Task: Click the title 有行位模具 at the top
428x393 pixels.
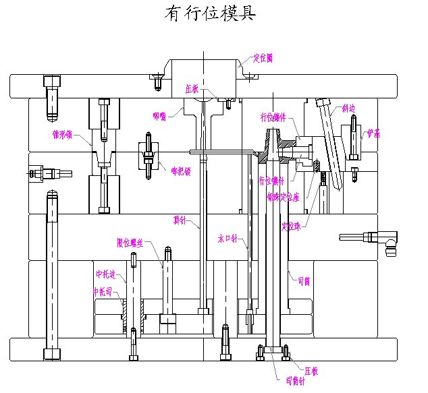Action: tap(209, 15)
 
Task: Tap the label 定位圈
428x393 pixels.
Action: tap(263, 58)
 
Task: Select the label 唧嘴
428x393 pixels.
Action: tap(159, 116)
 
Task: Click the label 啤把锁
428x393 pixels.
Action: tap(180, 171)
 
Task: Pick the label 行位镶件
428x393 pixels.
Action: tap(273, 117)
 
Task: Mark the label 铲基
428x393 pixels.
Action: tap(373, 133)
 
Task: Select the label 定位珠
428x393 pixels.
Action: tap(291, 225)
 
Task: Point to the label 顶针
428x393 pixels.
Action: tap(180, 219)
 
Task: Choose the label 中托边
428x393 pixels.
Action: tap(105, 274)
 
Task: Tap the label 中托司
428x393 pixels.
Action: tap(102, 292)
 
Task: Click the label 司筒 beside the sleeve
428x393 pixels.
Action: tap(303, 281)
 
